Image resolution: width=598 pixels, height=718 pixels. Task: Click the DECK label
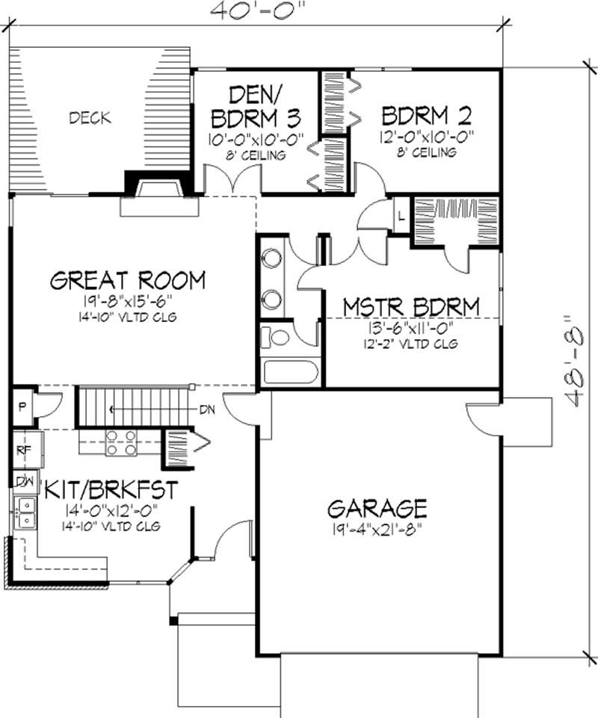click(x=90, y=118)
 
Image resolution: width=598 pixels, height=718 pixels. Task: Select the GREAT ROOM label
click(x=128, y=280)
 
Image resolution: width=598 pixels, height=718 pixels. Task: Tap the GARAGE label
click(x=377, y=508)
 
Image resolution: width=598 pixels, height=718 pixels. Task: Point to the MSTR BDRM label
click(x=411, y=307)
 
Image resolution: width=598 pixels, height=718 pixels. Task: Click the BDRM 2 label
click(x=427, y=115)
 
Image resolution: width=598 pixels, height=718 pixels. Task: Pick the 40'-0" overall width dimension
click(x=258, y=9)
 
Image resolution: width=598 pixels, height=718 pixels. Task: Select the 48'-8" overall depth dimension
click(x=575, y=360)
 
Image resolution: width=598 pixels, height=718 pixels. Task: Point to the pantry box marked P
click(x=22, y=407)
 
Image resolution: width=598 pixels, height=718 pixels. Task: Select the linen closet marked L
click(x=401, y=216)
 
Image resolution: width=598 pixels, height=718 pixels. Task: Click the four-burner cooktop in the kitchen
click(x=121, y=443)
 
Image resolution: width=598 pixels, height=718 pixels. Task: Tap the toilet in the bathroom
click(x=275, y=338)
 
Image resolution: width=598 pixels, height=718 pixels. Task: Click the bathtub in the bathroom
click(x=291, y=373)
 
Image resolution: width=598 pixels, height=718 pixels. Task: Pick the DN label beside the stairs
click(x=207, y=409)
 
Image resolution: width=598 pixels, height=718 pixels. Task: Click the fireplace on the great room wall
click(x=159, y=194)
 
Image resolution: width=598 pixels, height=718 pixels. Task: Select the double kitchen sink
click(x=25, y=513)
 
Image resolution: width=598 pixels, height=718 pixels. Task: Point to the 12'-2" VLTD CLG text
click(x=412, y=344)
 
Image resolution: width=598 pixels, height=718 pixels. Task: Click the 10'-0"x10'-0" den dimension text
click(x=256, y=139)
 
